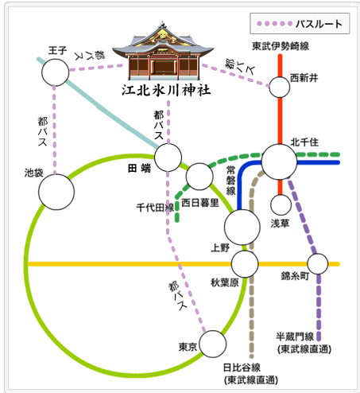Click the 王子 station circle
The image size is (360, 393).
(x=56, y=72)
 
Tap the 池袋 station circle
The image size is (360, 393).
(x=56, y=192)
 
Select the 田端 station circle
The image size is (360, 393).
(x=168, y=158)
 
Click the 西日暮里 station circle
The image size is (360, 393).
(x=199, y=177)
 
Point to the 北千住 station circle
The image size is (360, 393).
(x=279, y=161)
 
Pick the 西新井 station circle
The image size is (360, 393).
(x=280, y=88)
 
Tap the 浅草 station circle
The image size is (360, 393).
(x=281, y=204)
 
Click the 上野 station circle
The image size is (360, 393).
(x=242, y=227)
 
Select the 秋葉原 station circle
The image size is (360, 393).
(x=245, y=264)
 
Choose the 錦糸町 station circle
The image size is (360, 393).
(x=318, y=264)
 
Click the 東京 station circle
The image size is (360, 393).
(x=213, y=344)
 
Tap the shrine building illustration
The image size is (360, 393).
(x=163, y=51)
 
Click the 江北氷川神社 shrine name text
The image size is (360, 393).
(x=166, y=90)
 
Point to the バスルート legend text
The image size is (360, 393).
(x=319, y=24)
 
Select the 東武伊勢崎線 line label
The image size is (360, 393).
(x=281, y=46)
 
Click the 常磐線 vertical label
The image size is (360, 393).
(x=230, y=181)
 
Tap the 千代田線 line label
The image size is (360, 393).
(x=155, y=208)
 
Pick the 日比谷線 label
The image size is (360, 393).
(x=242, y=368)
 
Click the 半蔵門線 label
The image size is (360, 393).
(x=295, y=337)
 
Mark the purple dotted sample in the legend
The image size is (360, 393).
(x=275, y=24)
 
